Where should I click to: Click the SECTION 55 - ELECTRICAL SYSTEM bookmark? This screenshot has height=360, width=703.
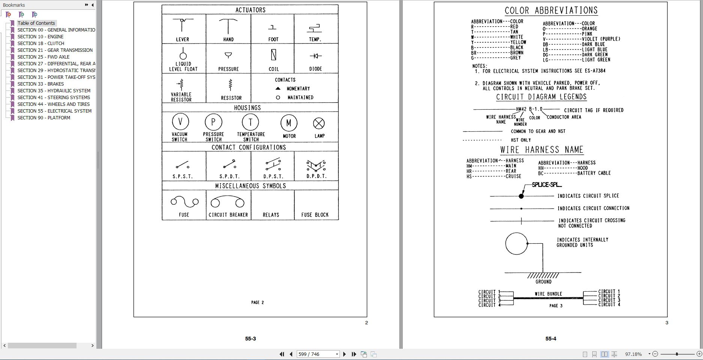54,111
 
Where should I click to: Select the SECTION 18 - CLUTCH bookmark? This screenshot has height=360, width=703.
41,44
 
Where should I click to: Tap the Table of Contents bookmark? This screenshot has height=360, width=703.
36,23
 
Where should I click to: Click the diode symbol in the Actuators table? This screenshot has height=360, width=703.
315,56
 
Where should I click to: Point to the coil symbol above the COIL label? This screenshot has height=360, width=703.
273,55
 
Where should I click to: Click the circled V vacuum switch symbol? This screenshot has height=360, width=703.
180,122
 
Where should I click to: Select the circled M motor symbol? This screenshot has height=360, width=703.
289,123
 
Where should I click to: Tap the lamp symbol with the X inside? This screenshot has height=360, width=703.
319,123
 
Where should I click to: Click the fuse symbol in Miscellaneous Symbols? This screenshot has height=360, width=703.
184,202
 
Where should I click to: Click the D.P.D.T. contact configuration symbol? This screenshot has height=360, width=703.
316,165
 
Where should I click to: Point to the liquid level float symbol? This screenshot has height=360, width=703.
183,54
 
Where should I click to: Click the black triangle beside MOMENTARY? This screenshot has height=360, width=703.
278,89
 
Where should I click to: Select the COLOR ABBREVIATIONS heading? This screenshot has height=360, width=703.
551,11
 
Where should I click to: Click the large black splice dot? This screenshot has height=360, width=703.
521,196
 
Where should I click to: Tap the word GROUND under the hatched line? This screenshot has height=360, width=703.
543,282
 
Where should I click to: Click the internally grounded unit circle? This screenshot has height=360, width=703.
516,244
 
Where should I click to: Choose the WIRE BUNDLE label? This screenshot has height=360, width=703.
548,294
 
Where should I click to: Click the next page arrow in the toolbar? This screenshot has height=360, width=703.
344,354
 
